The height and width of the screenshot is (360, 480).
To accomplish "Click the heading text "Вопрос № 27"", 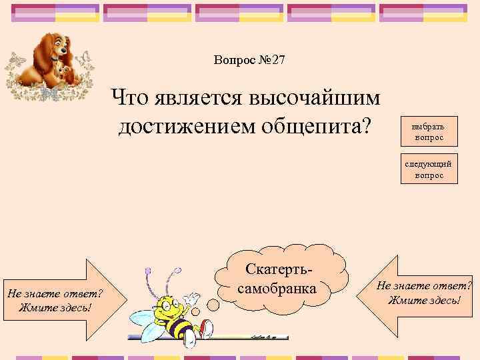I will tap(249, 60).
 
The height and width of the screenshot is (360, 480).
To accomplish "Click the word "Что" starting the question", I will tap(131, 99).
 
